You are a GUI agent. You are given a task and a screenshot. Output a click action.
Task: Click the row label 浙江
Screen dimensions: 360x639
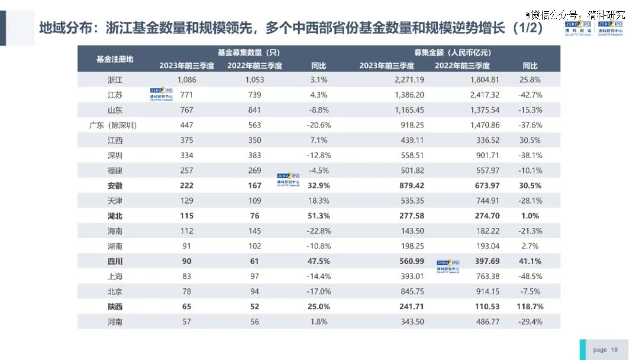click(115, 80)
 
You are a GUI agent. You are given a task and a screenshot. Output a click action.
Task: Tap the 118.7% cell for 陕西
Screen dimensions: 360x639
click(530, 307)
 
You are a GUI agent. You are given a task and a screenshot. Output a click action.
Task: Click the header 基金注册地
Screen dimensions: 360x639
click(115, 59)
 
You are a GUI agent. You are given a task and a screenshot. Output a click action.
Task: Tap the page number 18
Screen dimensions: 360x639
click(614, 350)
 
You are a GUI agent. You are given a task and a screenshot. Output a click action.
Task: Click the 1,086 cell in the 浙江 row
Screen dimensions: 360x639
click(186, 80)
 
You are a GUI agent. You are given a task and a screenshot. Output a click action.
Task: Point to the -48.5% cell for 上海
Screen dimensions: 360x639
click(530, 277)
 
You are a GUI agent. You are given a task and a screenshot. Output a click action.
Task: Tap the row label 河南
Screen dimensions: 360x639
click(115, 322)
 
